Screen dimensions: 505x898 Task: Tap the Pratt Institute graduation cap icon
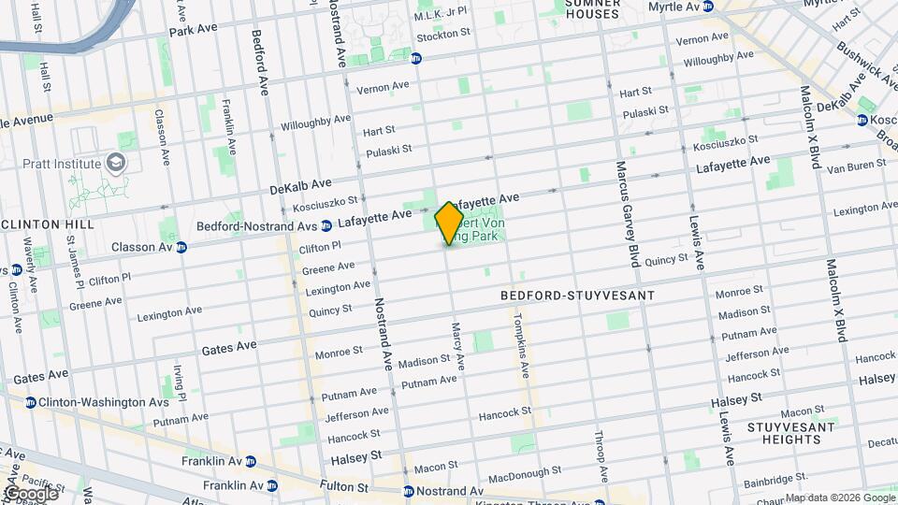pos(117,164)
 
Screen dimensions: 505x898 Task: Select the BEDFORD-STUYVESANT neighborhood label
pos(576,295)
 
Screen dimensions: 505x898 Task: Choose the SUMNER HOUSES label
pos(593,9)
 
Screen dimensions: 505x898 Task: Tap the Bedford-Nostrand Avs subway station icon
pos(326,225)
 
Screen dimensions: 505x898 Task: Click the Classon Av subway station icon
pos(181,248)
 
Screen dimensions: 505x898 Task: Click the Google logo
pos(30,493)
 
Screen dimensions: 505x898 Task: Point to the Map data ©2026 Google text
pos(839,498)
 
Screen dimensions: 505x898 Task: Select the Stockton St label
pos(443,34)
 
